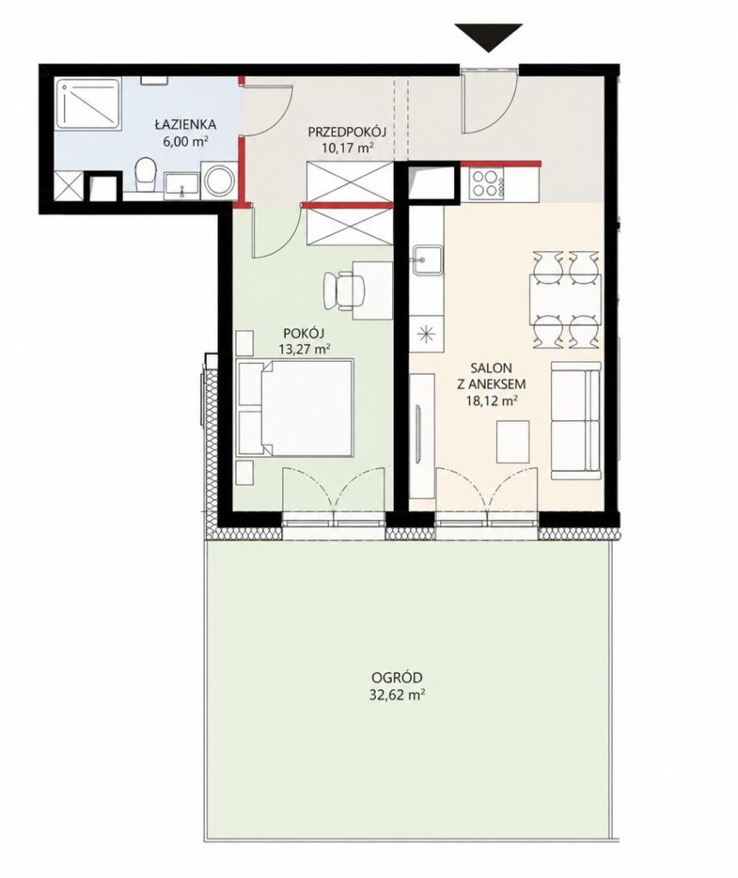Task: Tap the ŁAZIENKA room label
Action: coord(185,124)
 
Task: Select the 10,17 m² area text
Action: coord(347,147)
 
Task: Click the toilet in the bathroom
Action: coord(145,175)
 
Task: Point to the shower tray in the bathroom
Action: coord(89,104)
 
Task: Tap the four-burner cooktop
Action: coord(485,183)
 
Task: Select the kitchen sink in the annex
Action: coord(427,261)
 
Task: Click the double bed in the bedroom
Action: coord(295,407)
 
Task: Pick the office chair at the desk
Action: coord(342,290)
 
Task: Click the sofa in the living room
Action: coord(576,420)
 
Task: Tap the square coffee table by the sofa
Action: coord(512,442)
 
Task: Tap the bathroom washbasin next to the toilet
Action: coord(181,184)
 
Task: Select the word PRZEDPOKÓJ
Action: coord(348,133)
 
